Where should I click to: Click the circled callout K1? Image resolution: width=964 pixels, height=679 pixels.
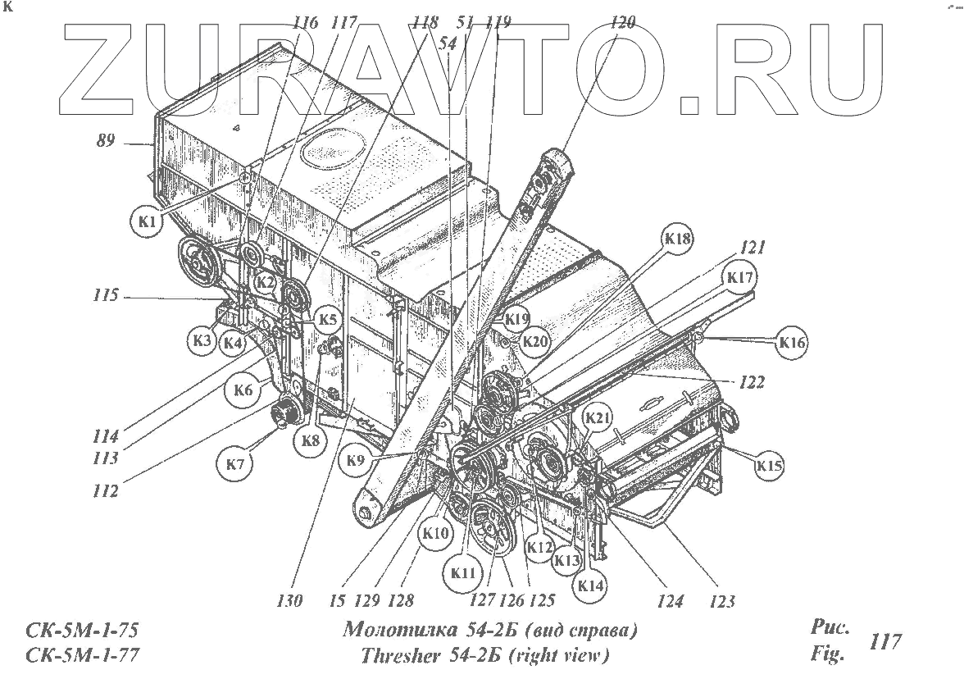point(147,221)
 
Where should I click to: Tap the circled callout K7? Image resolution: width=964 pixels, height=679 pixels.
point(235,464)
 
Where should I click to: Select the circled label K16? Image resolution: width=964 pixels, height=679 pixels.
point(791,343)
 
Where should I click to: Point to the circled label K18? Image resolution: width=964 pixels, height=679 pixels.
point(678,239)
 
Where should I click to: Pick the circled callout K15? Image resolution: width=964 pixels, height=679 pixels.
point(769,466)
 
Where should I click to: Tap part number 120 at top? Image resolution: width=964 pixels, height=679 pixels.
point(622,23)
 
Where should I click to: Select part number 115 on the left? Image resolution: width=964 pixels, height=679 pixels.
point(107,294)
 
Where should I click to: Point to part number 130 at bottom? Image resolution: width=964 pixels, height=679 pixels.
point(290,601)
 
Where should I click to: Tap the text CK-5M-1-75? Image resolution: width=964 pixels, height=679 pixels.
point(80,631)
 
